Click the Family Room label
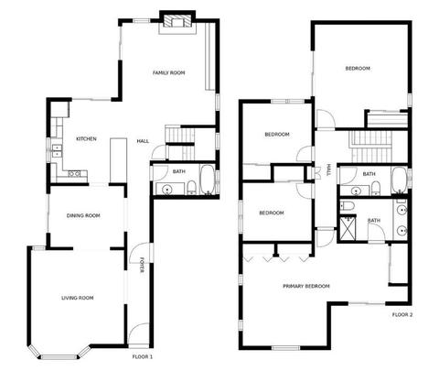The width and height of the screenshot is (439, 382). point(168,72)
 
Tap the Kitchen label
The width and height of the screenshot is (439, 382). point(86,139)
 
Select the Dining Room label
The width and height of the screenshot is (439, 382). point(83,215)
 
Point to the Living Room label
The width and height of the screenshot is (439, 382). point(78,298)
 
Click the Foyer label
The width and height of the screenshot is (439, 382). point(142,265)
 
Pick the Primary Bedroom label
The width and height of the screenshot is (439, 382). point(306,286)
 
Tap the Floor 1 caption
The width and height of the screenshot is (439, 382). point(143,356)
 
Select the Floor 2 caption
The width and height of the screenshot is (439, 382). point(402,314)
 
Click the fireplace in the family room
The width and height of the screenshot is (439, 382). point(177,22)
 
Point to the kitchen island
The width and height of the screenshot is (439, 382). point(118,160)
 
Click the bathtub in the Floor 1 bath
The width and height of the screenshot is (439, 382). point(208,180)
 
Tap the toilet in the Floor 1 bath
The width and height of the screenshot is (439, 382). point(191,187)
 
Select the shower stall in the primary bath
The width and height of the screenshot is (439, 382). point(348,227)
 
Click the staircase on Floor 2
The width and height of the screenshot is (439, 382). point(370,147)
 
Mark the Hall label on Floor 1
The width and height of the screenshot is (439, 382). point(143,141)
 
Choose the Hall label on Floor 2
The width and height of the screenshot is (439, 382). point(328,169)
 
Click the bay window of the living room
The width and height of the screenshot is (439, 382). point(59,356)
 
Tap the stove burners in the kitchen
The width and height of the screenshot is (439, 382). point(74,174)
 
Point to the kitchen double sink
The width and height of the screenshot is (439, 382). point(57,151)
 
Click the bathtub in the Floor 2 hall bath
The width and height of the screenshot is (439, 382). point(399,180)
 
